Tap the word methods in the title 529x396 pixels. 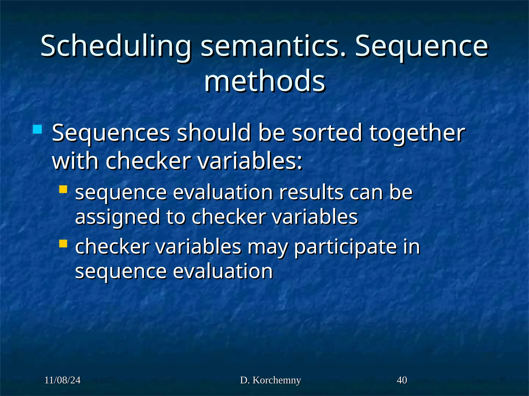tap(264, 81)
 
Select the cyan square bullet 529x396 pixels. tap(37, 129)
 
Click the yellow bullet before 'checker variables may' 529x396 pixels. tap(63, 244)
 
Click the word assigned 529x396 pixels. tap(117, 217)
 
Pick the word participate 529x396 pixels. tap(345, 247)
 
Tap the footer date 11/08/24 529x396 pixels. tap(63, 380)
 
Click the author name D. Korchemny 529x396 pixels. tap(270, 380)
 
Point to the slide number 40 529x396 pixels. tap(402, 380)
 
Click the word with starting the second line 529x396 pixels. tap(75, 161)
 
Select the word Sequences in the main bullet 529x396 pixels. tap(111, 133)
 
